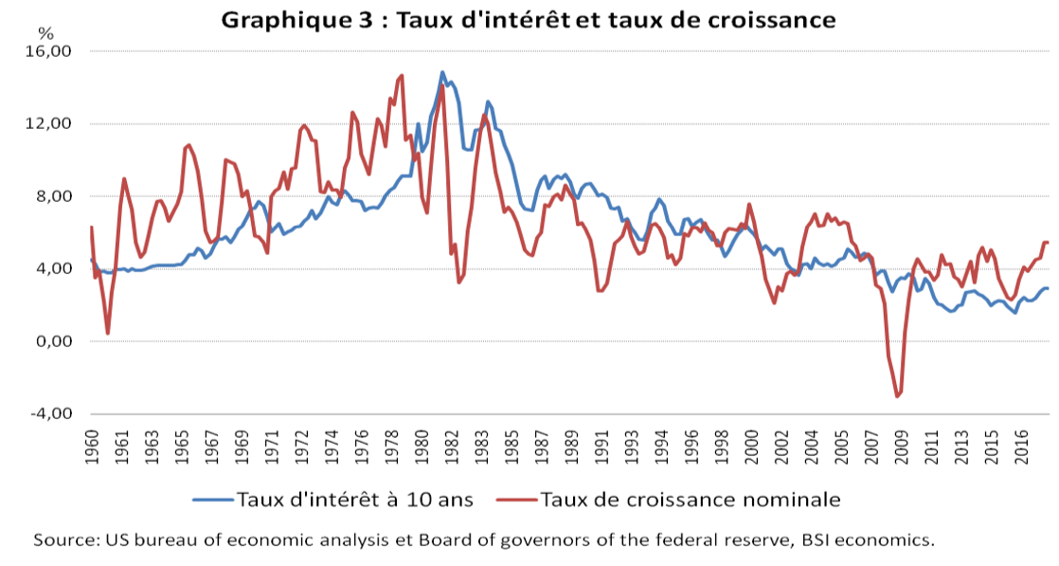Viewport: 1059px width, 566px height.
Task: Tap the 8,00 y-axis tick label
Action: pyautogui.click(x=54, y=196)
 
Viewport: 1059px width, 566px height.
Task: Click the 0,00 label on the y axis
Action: pyautogui.click(x=54, y=341)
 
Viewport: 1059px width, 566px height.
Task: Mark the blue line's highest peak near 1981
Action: pyautogui.click(x=442, y=72)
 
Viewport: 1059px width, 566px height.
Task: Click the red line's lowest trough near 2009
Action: pyautogui.click(x=897, y=396)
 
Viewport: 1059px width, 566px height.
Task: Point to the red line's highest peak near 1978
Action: pyautogui.click(x=402, y=76)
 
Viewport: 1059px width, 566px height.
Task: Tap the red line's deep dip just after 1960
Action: pyautogui.click(x=108, y=333)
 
